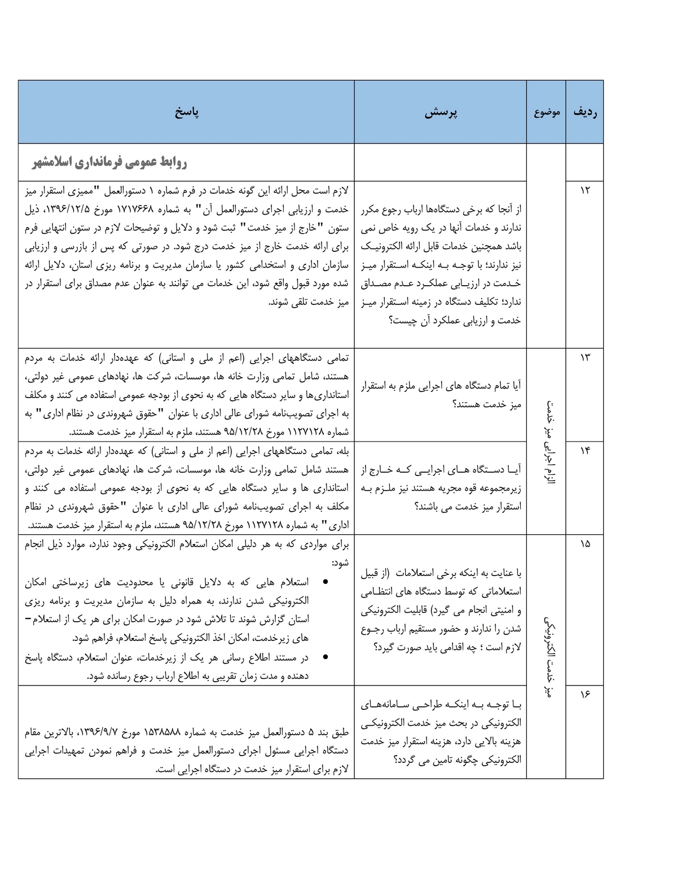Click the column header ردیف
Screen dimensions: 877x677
point(584,112)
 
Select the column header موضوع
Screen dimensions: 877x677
point(546,112)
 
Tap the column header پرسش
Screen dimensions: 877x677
point(441,112)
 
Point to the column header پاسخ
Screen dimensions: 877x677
point(186,112)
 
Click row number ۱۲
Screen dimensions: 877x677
point(584,190)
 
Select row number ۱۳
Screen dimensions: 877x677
point(584,358)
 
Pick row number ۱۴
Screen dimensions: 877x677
point(584,451)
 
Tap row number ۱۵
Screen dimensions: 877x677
point(584,544)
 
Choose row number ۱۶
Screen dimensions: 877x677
point(584,695)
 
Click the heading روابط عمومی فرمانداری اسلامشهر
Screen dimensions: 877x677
point(109,163)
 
